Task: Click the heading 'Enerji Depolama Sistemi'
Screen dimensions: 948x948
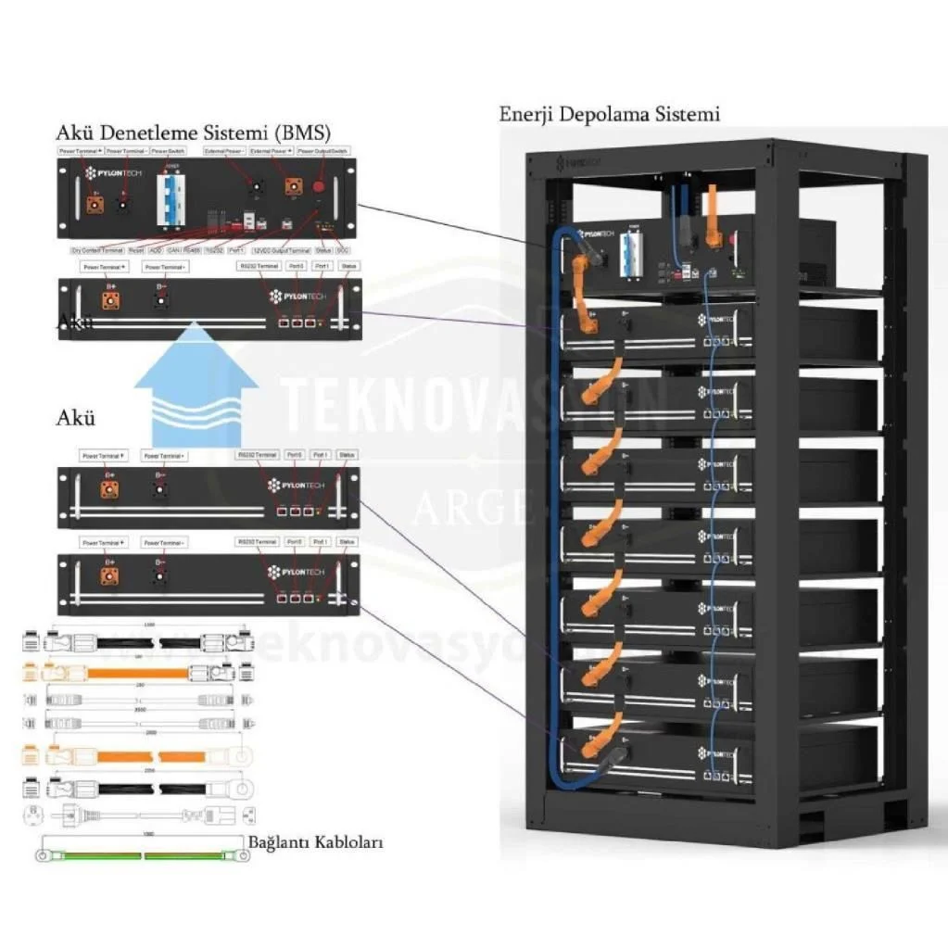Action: coord(609,115)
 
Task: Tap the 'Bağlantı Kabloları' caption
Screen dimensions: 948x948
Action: coord(315,843)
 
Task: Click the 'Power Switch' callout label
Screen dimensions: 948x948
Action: coord(171,150)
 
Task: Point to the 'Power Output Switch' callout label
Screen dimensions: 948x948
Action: coord(323,150)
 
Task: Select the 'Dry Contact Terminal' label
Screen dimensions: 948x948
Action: coord(96,250)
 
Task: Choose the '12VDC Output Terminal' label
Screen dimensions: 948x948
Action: coord(281,250)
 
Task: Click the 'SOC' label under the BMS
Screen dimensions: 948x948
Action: coord(342,250)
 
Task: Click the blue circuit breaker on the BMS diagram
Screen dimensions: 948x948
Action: coord(171,196)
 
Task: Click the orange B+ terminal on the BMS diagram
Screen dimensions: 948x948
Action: coord(95,202)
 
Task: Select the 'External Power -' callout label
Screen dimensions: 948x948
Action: coord(224,150)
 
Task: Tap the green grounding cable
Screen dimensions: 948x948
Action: coord(143,854)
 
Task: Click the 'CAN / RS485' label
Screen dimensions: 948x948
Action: coord(188,250)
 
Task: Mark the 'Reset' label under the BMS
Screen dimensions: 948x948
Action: coord(134,250)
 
